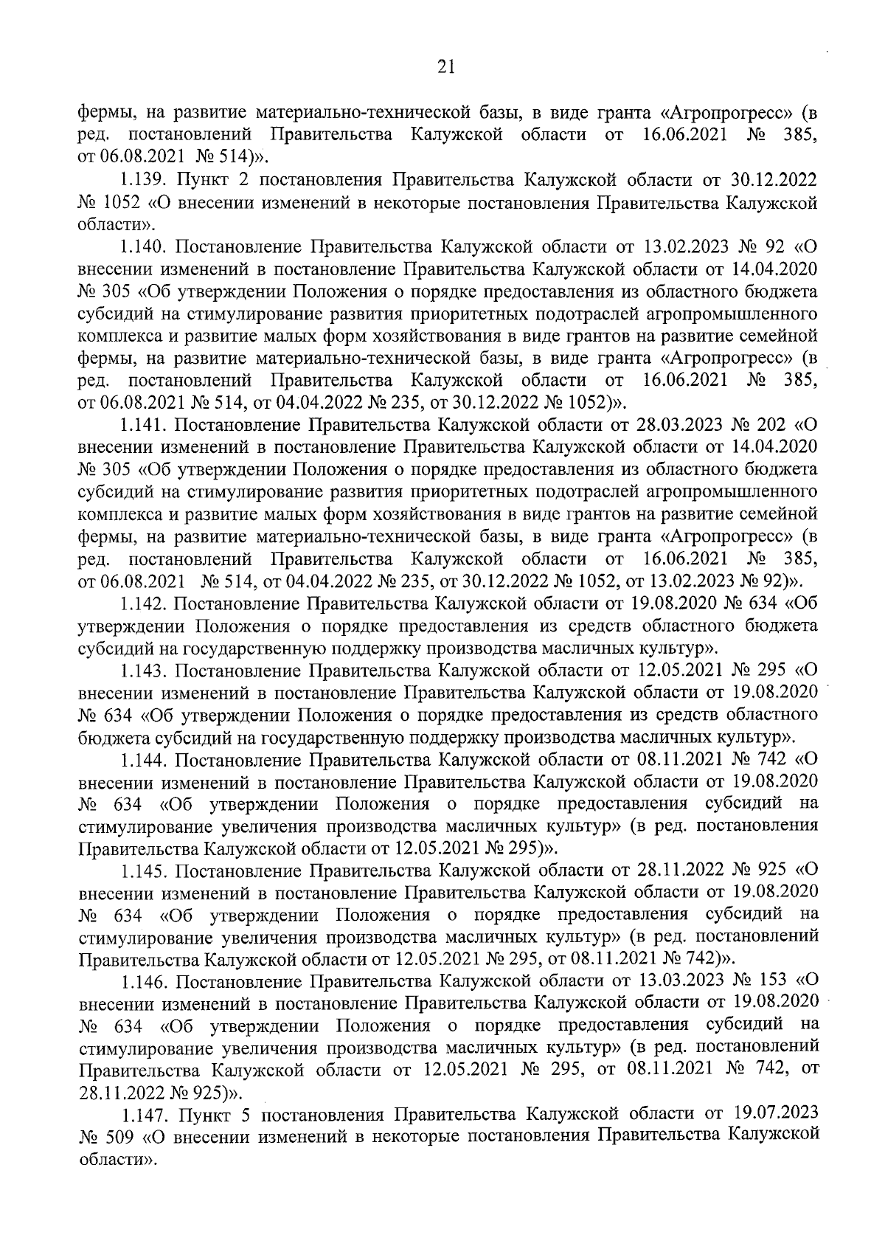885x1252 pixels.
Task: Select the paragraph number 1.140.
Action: pyautogui.click(x=145, y=246)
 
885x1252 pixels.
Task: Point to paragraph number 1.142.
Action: pyautogui.click(x=145, y=603)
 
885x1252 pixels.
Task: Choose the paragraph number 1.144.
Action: pyautogui.click(x=145, y=758)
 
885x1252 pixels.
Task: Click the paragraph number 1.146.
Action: pyautogui.click(x=145, y=981)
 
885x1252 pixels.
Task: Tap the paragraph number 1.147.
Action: pyautogui.click(x=145, y=1114)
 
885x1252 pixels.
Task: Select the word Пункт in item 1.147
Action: pyautogui.click(x=204, y=1114)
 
